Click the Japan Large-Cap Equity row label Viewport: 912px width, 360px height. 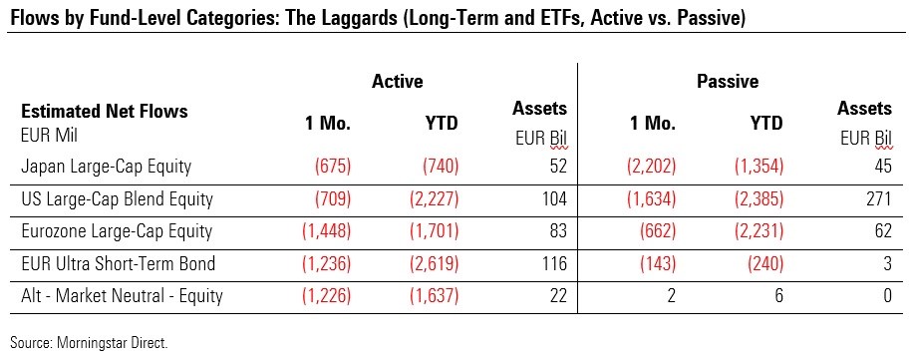[106, 167]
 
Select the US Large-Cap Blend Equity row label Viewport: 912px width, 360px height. [117, 199]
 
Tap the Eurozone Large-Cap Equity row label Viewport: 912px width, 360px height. [117, 231]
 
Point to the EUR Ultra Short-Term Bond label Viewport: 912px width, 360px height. [118, 263]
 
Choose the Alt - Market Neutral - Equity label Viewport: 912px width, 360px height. [122, 296]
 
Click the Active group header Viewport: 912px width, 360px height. [398, 81]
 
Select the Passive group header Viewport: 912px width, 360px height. [728, 82]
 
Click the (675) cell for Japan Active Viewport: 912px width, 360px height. [333, 167]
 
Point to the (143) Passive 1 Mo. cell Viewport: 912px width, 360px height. [657, 264]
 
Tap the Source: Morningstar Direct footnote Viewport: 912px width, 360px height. [89, 343]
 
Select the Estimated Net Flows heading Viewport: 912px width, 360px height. [104, 111]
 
